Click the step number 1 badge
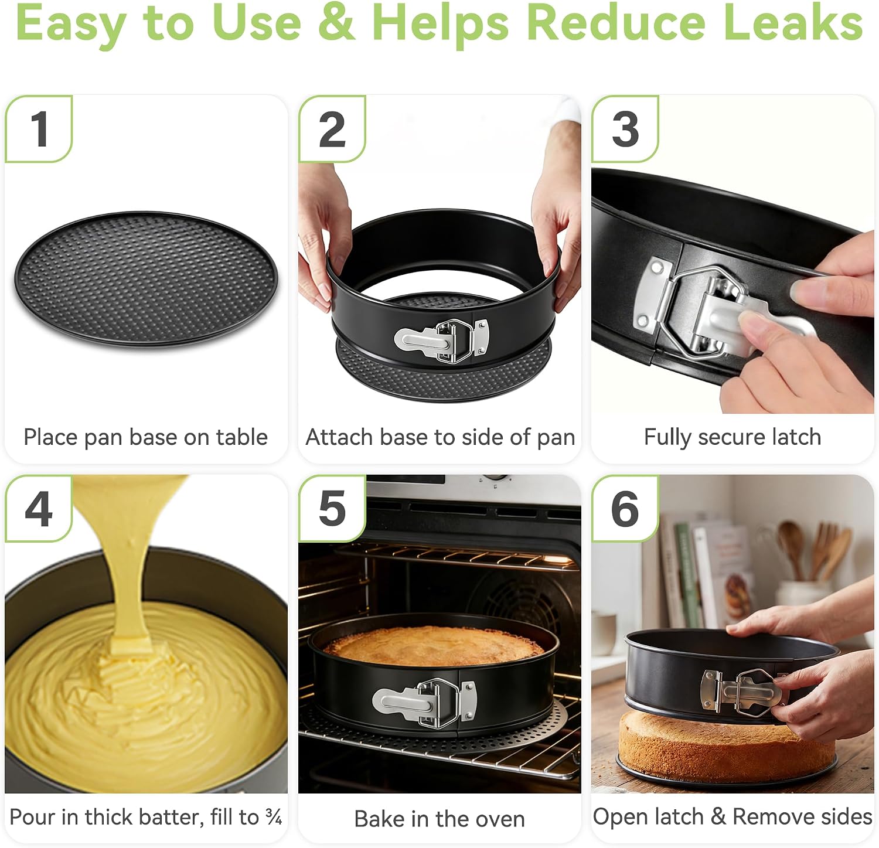pos(39,129)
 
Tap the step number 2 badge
pos(332,129)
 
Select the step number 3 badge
pos(625,129)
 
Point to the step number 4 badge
pos(39,509)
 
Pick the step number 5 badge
pos(332,509)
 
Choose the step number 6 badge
pos(625,509)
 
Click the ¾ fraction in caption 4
pos(274,816)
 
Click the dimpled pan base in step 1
pos(146,280)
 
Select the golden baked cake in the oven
pos(434,645)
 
